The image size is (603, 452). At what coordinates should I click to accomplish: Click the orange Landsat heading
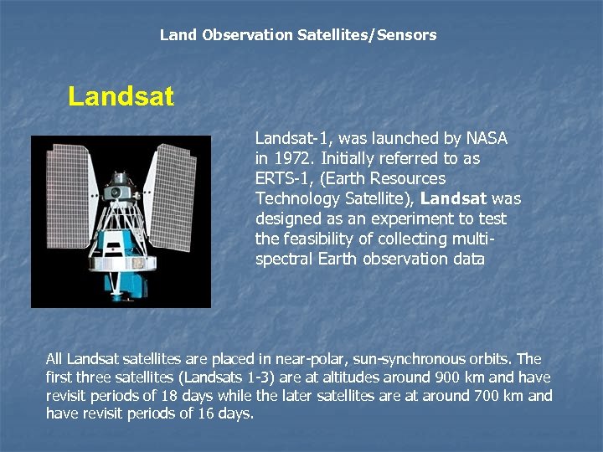(121, 97)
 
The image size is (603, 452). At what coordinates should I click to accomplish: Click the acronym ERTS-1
(277, 178)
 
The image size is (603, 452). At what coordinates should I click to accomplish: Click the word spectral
(285, 259)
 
